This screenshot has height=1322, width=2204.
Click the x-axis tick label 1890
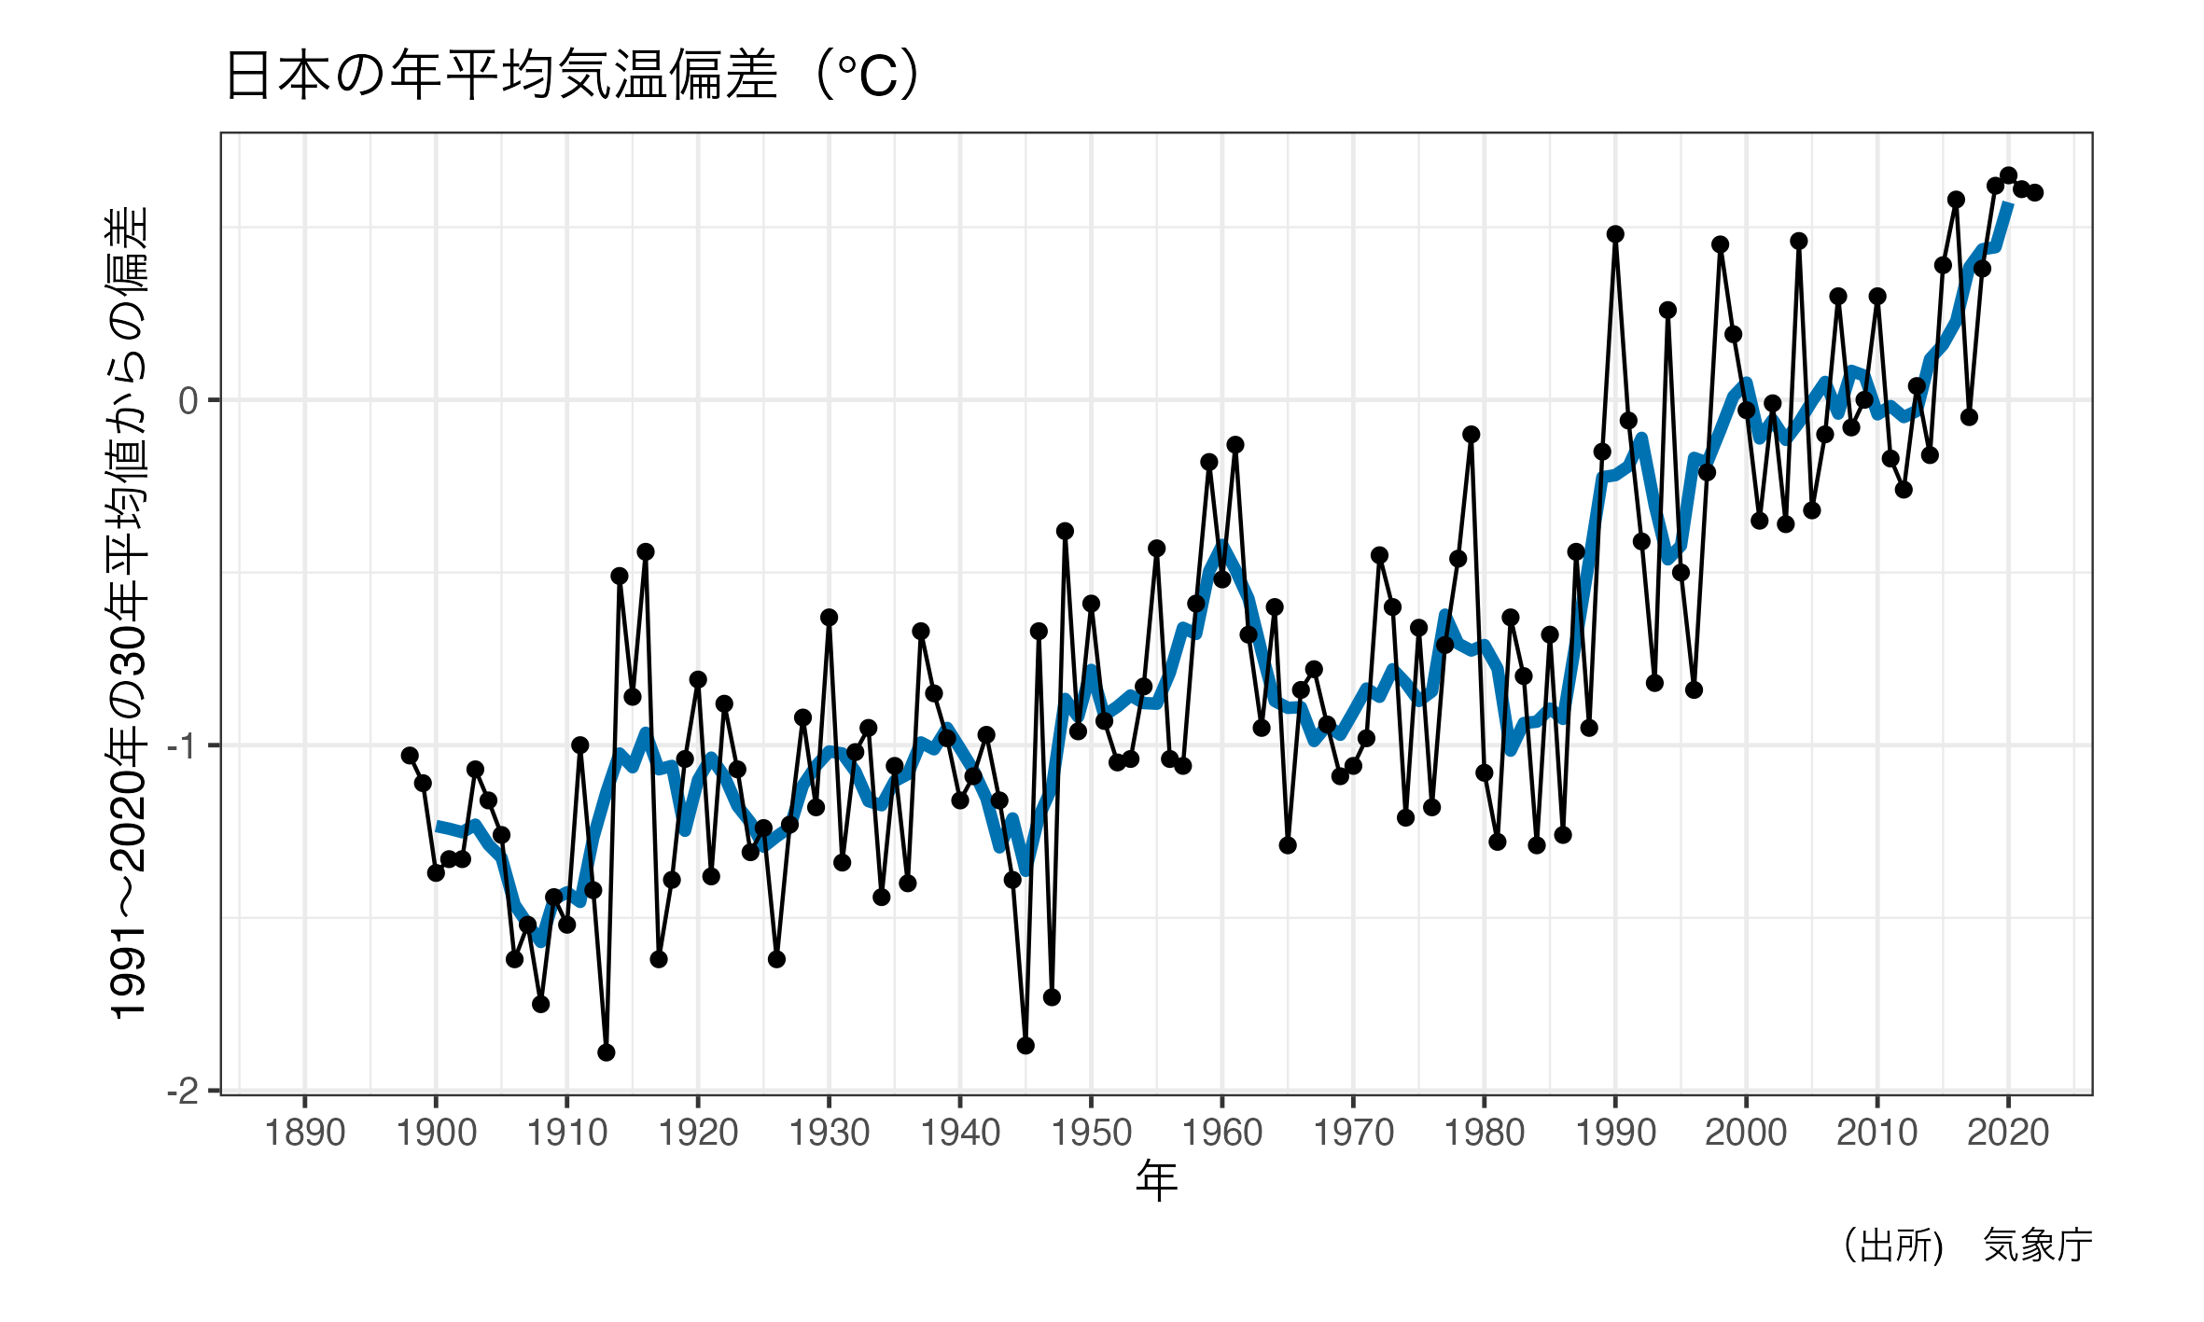tap(305, 1134)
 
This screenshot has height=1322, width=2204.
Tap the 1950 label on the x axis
tap(1091, 1134)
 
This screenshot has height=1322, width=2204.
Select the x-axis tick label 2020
tap(2008, 1134)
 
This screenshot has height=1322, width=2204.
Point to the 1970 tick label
tap(1353, 1134)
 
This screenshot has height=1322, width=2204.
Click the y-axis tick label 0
tap(188, 402)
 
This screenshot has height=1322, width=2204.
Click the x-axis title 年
tap(1156, 1181)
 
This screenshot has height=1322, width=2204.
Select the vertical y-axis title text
tap(128, 614)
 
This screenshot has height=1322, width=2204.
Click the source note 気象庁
tap(2037, 1245)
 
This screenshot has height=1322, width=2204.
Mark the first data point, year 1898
tap(410, 756)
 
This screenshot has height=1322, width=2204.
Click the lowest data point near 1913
tap(607, 1052)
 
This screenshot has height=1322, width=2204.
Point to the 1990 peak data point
tap(1615, 234)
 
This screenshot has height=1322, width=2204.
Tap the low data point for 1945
tap(1025, 1046)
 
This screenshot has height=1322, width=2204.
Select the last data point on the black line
tap(2035, 193)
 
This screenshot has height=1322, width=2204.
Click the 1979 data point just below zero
tap(1472, 435)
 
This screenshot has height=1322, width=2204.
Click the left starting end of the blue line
tap(438, 826)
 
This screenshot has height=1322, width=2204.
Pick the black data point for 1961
tap(1235, 445)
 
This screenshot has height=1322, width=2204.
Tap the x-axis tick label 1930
tap(829, 1134)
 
